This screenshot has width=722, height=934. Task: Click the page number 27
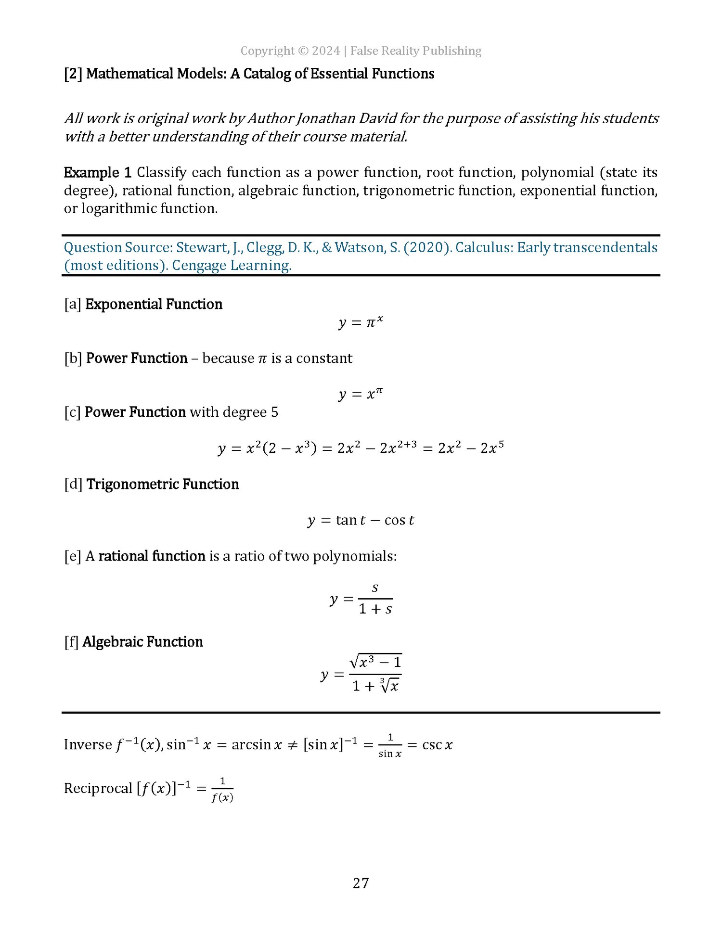(x=361, y=883)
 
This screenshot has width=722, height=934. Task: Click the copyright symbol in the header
(x=303, y=51)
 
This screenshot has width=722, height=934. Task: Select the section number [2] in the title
(x=73, y=74)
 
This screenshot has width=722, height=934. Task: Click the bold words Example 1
(x=97, y=172)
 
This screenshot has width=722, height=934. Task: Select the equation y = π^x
(x=361, y=322)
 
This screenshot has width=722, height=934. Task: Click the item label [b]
(x=73, y=358)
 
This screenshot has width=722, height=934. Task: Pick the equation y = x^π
(x=361, y=394)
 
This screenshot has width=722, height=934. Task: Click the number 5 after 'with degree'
(x=274, y=412)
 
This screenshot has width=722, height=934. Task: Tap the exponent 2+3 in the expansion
(x=407, y=444)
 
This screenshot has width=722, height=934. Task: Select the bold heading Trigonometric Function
(x=163, y=484)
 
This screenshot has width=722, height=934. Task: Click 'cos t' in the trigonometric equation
(x=399, y=520)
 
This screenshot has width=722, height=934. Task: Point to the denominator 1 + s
(x=375, y=609)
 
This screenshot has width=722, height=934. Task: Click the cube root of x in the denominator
(x=389, y=685)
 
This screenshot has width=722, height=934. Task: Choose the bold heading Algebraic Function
(x=142, y=642)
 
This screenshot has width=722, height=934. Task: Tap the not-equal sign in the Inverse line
(x=292, y=745)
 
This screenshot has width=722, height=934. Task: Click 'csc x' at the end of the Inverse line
(x=437, y=745)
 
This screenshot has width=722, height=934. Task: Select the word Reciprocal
(x=98, y=788)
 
